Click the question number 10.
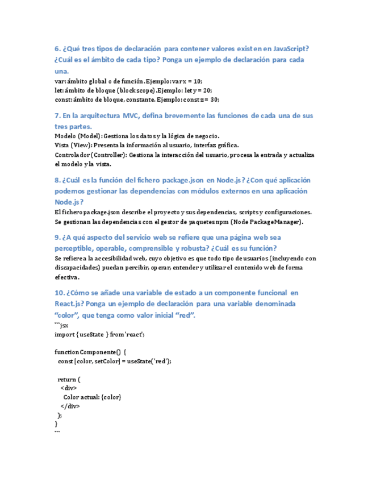pos(60,293)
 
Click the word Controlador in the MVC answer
pos(72,155)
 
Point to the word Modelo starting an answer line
pos(66,136)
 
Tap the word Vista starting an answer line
pos(62,145)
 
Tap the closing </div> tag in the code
pos(70,406)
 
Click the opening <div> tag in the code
pos(69,388)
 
